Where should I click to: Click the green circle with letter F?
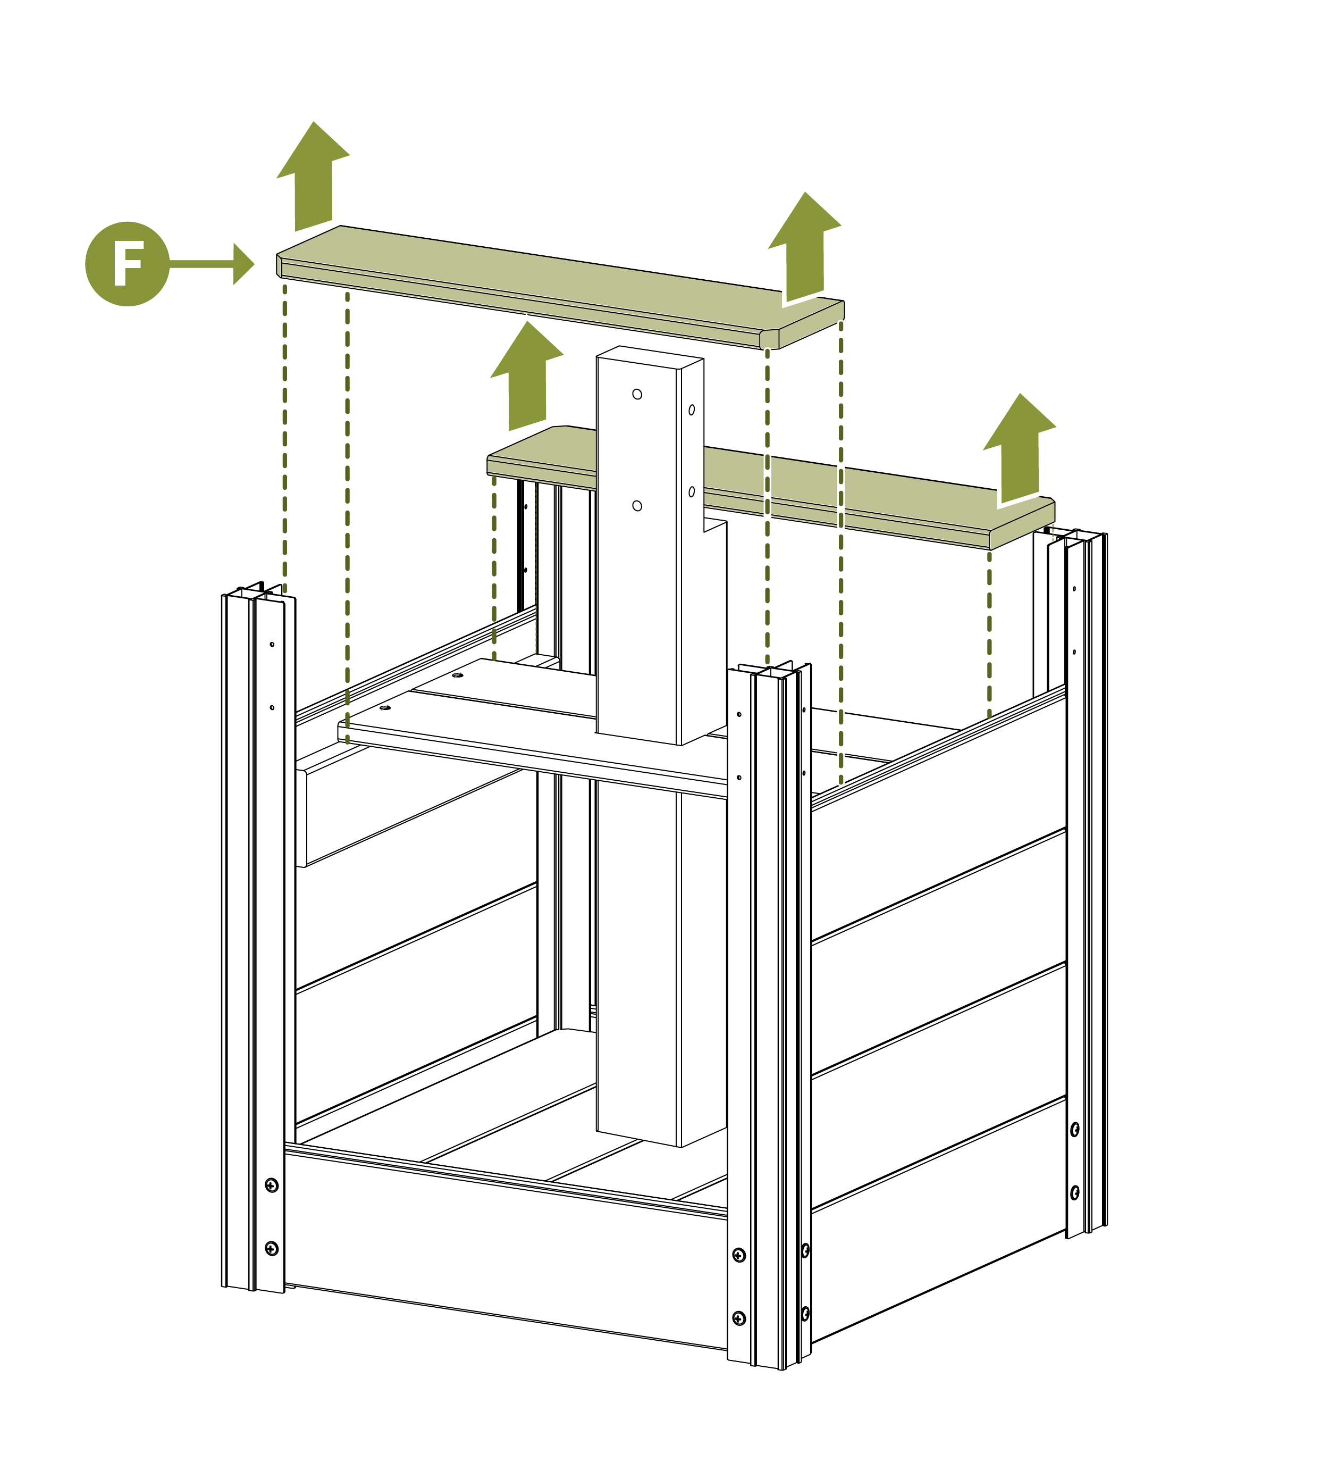[x=127, y=264]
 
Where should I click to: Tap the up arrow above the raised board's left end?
[x=313, y=176]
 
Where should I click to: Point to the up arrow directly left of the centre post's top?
[x=526, y=375]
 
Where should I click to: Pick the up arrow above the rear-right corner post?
[x=1020, y=448]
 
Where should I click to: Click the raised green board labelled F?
[x=560, y=287]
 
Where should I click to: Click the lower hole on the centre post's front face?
[x=637, y=506]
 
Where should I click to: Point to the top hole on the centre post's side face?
[x=692, y=410]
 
